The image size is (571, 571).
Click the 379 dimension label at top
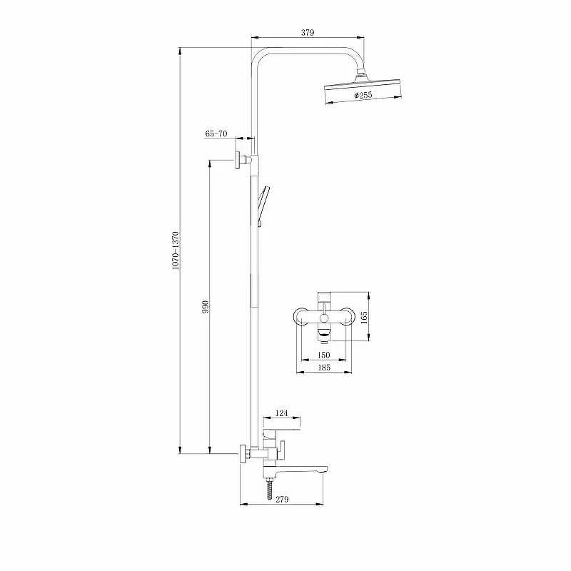tap(308, 32)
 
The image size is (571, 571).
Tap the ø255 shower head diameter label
tap(363, 96)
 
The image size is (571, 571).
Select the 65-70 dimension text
tap(216, 133)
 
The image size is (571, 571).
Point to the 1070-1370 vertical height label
tap(176, 251)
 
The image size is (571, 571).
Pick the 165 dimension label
tap(364, 316)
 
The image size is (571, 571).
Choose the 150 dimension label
tap(324, 355)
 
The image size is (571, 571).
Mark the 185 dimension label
tap(324, 368)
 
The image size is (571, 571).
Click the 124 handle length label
tap(281, 413)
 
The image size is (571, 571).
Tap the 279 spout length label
tap(282, 499)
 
